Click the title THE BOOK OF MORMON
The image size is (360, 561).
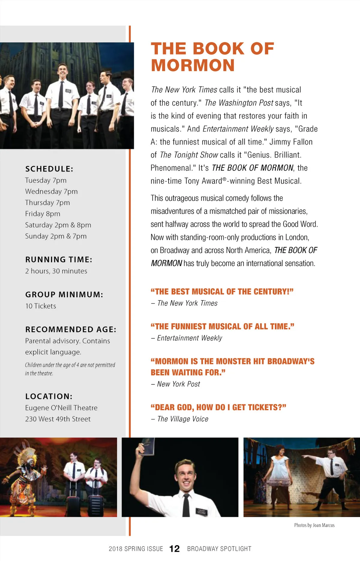(212, 57)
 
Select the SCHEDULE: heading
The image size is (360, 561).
(49, 169)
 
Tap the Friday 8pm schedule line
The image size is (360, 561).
(43, 214)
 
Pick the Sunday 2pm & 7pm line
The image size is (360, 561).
(56, 236)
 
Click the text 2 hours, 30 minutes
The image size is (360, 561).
(56, 271)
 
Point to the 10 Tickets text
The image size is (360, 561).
(40, 306)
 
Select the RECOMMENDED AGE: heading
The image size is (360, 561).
(71, 329)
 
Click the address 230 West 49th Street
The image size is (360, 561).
(58, 419)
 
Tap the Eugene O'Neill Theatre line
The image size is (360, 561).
(61, 408)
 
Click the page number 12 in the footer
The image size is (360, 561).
(175, 549)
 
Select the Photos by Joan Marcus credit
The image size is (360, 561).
(314, 525)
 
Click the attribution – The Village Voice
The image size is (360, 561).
(180, 419)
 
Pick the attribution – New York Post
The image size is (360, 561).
(175, 384)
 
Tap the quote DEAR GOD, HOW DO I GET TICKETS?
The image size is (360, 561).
(218, 407)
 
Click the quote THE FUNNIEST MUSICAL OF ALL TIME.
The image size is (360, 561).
(222, 326)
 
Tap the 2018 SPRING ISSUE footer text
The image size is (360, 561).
(136, 549)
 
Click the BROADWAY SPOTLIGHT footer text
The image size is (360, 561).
(219, 549)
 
